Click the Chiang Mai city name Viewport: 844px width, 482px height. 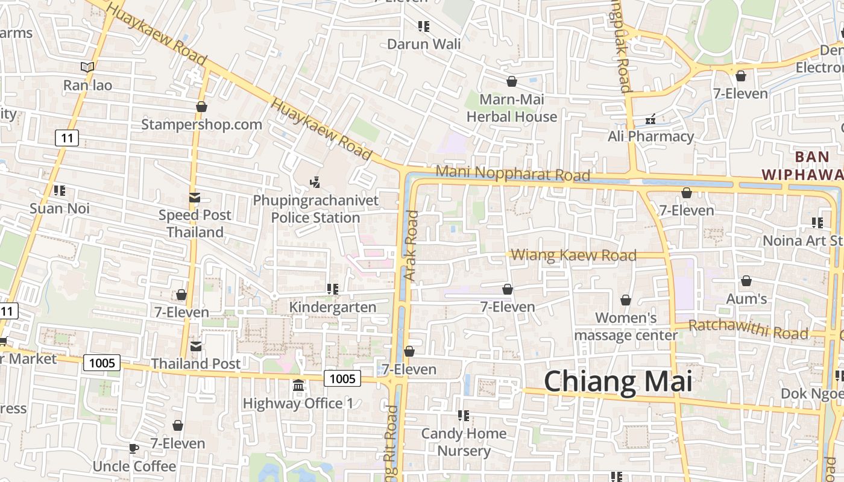click(618, 382)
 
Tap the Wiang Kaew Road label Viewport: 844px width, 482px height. click(573, 255)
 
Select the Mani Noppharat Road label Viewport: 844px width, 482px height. click(512, 174)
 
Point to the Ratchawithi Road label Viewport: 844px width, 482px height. click(748, 329)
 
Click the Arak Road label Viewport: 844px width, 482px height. click(411, 245)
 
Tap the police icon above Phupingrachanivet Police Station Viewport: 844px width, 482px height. click(314, 181)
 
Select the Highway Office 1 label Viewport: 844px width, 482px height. click(298, 403)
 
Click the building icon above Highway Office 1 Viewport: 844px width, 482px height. click(298, 385)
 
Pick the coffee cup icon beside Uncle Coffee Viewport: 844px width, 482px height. click(133, 448)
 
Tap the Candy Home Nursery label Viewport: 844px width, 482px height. click(464, 442)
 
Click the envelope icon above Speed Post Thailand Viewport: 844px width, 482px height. click(194, 198)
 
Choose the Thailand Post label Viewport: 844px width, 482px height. click(195, 363)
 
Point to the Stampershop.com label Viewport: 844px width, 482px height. click(201, 125)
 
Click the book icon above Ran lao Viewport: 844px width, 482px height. click(87, 67)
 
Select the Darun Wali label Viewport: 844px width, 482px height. click(424, 44)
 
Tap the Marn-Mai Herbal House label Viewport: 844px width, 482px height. click(512, 108)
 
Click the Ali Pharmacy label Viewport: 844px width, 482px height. click(650, 136)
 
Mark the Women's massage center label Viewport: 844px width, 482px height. click(626, 326)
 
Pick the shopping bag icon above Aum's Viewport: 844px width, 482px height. click(746, 281)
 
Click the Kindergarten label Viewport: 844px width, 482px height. click(333, 307)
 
